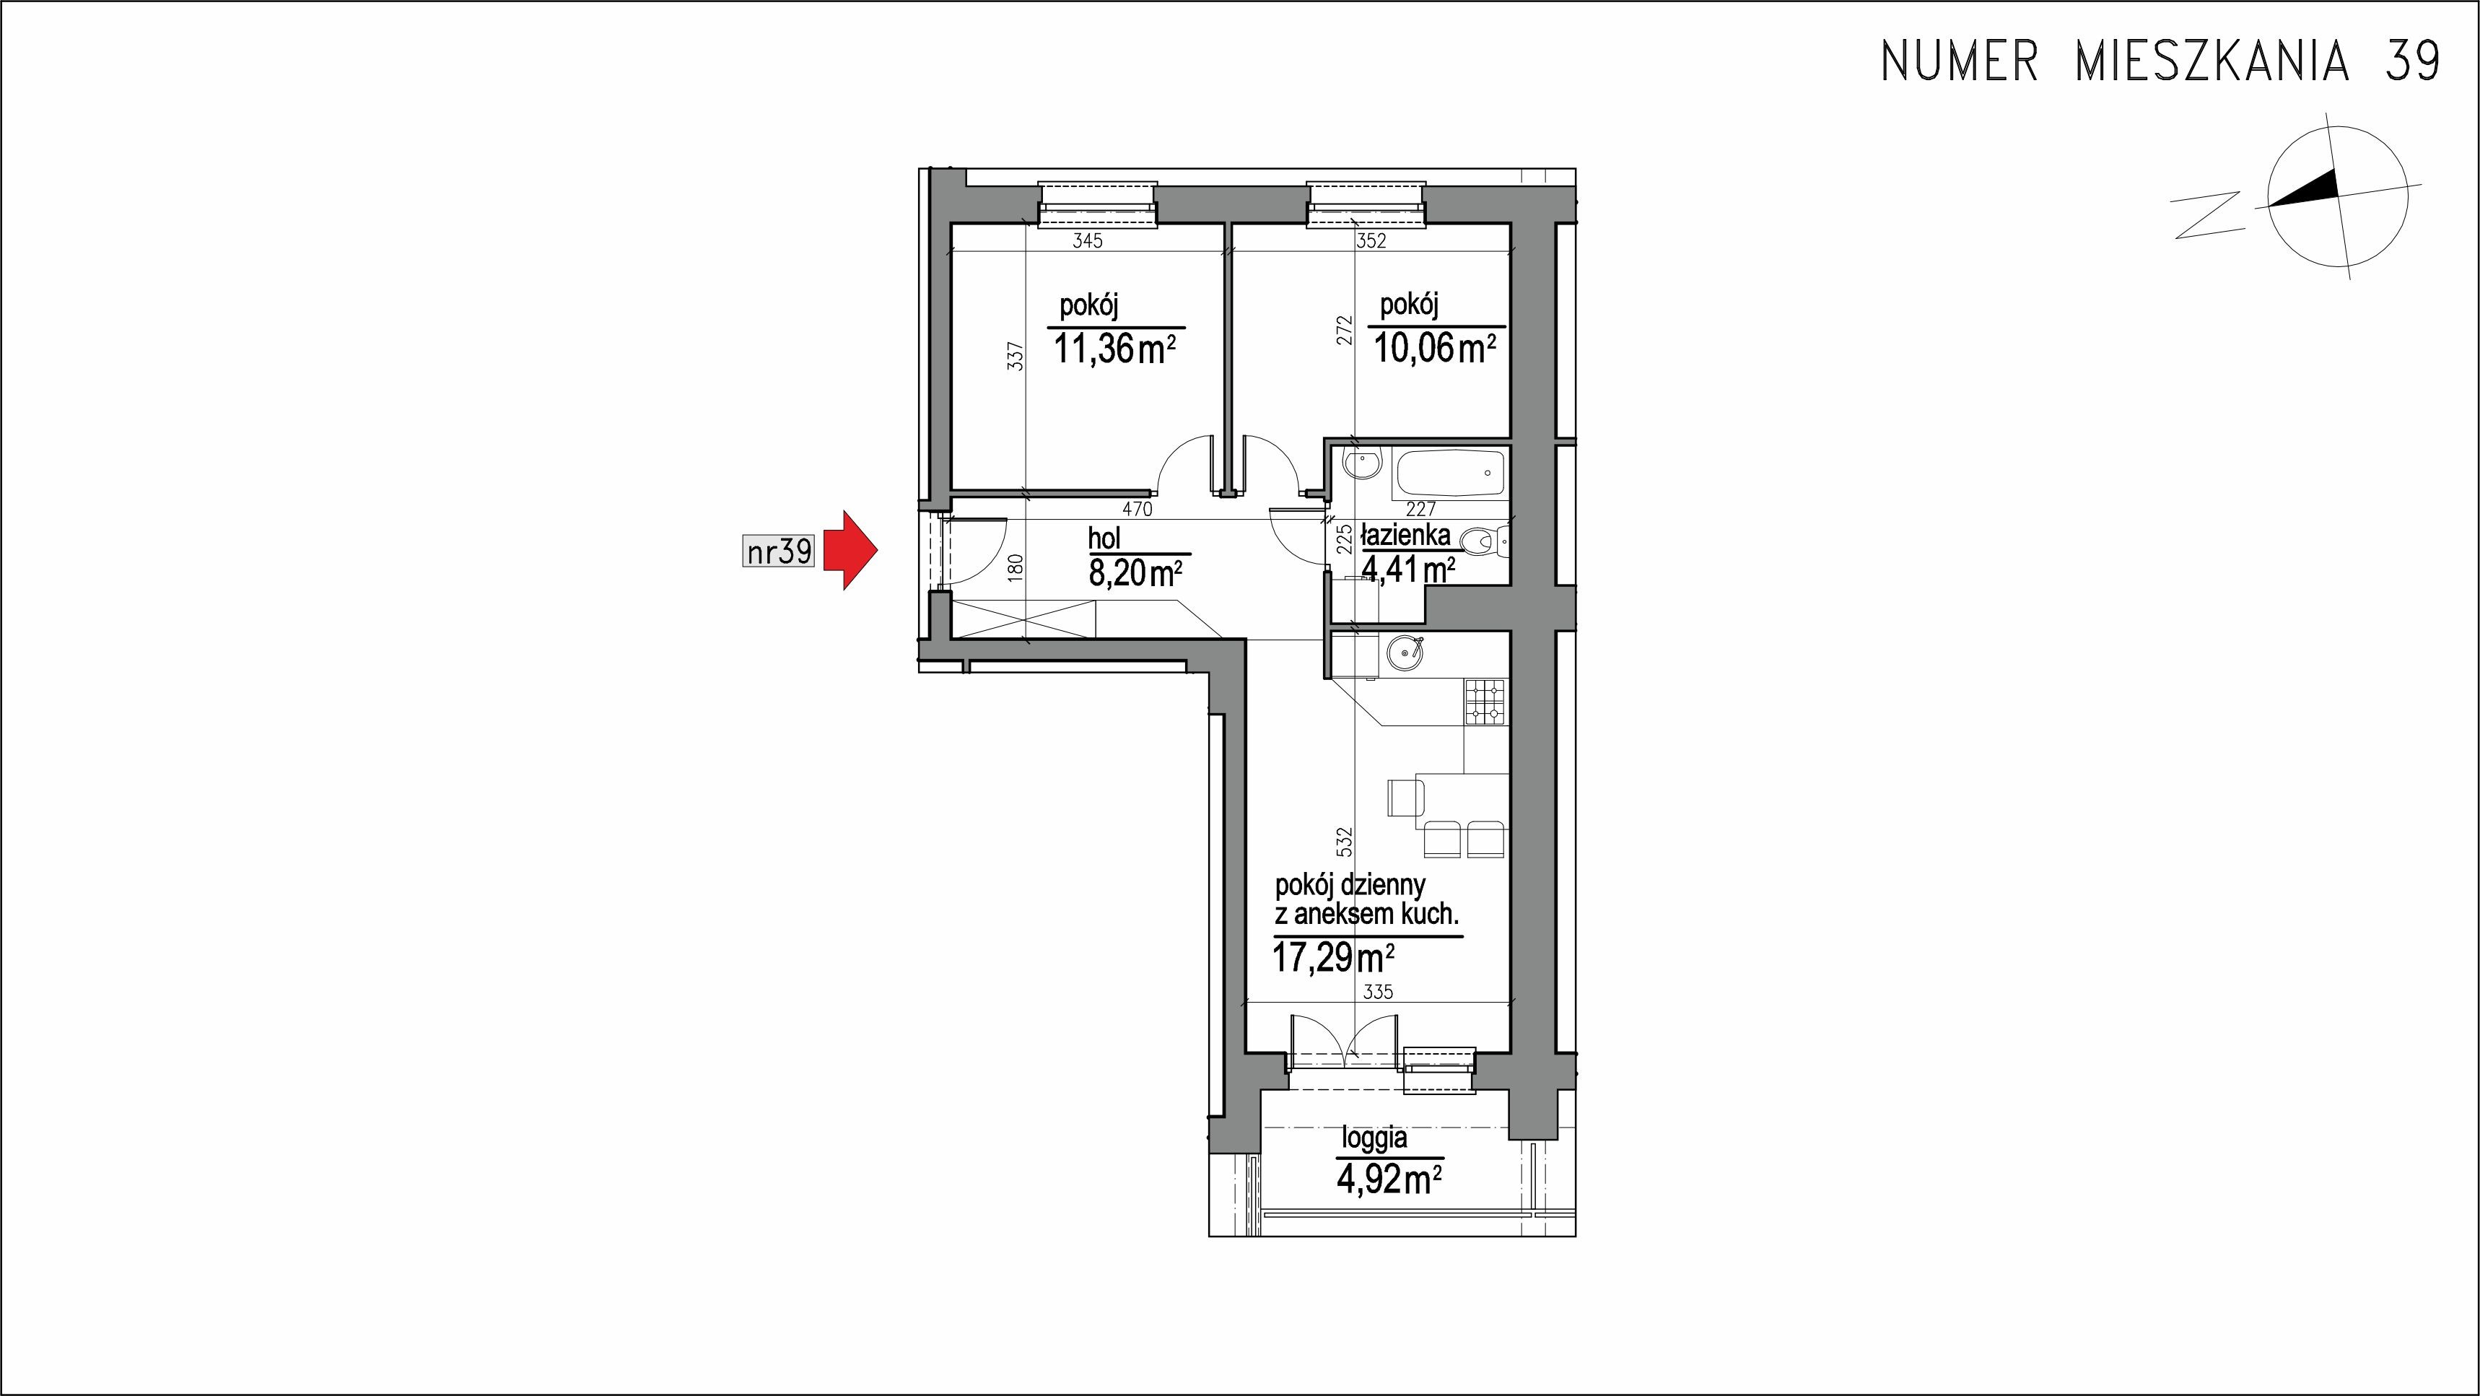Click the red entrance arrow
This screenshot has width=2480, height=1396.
tap(847, 551)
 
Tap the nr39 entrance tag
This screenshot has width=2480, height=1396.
tap(779, 551)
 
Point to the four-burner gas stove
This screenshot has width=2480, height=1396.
tap(1485, 702)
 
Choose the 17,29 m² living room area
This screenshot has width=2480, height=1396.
tap(1333, 958)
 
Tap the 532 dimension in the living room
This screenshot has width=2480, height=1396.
tap(1345, 842)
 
